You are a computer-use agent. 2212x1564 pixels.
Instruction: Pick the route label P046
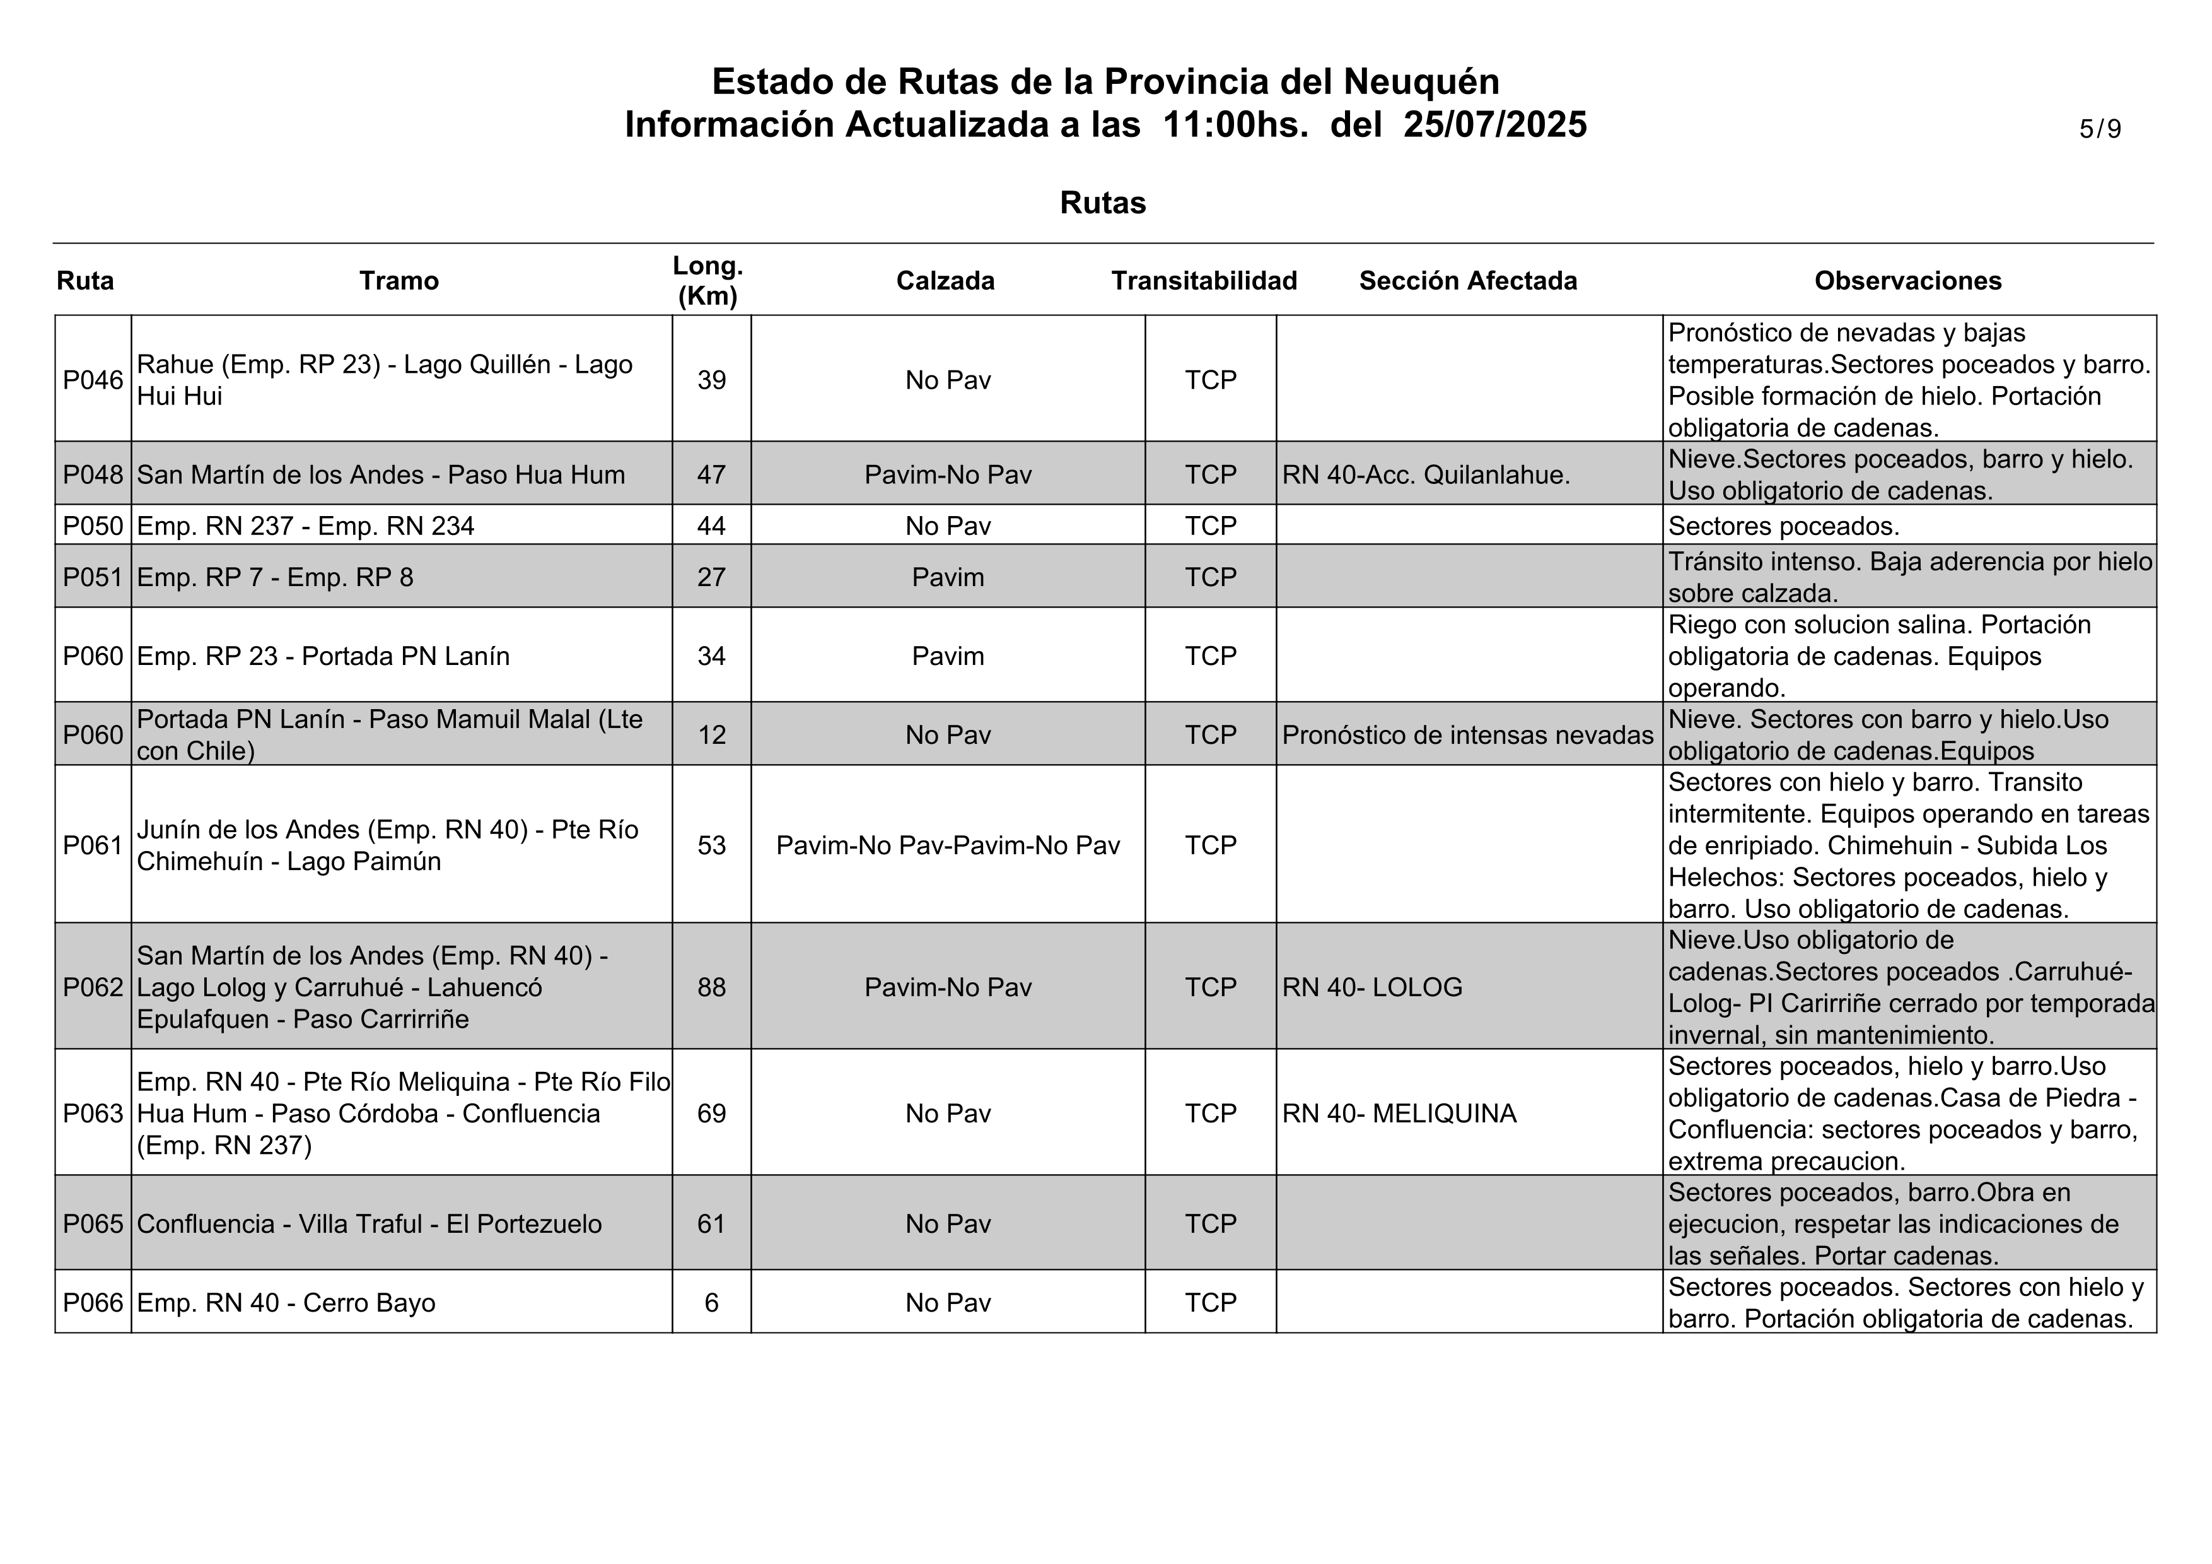click(x=93, y=380)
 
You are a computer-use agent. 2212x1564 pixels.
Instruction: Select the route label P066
click(x=93, y=1303)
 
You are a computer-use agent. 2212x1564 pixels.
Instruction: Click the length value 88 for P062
click(x=711, y=987)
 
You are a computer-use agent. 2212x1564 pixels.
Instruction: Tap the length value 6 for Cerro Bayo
click(x=711, y=1303)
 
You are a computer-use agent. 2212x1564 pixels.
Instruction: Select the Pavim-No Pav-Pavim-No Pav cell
click(x=947, y=845)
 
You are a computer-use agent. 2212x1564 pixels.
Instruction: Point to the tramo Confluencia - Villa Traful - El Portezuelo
click(x=369, y=1224)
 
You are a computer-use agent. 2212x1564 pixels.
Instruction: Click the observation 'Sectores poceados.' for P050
click(x=1783, y=526)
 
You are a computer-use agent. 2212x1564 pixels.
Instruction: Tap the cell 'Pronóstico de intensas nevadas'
click(x=1467, y=735)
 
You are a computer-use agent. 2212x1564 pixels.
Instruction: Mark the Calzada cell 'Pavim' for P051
click(x=947, y=577)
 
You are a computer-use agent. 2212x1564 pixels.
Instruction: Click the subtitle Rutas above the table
click(x=1102, y=203)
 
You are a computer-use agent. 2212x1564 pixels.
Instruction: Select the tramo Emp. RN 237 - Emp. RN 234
click(x=305, y=526)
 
